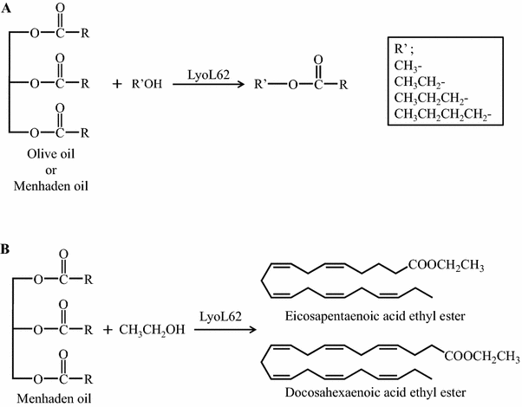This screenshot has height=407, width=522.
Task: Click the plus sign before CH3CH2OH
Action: click(109, 330)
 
